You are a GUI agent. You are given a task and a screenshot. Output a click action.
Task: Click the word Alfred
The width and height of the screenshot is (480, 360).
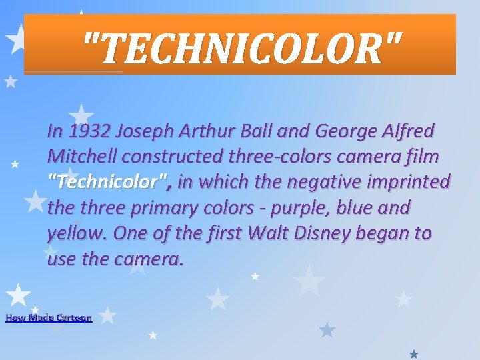pos(411,131)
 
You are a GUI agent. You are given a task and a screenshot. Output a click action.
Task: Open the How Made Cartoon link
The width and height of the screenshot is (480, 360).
pos(49,318)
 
